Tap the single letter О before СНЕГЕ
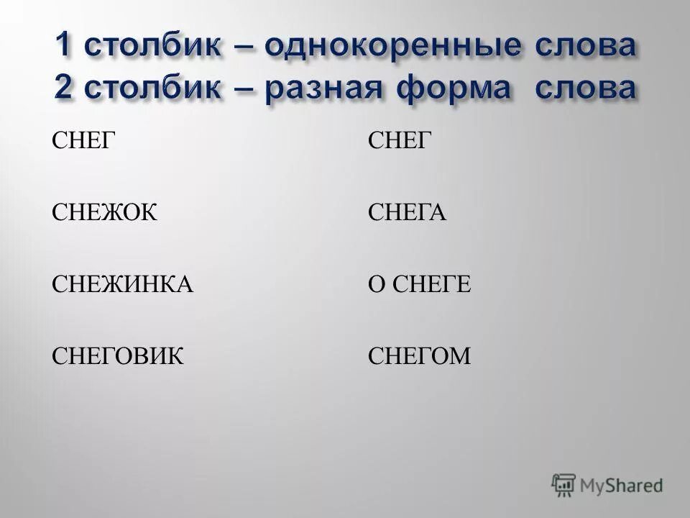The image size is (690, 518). tap(376, 285)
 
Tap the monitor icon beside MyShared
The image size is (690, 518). tap(564, 485)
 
